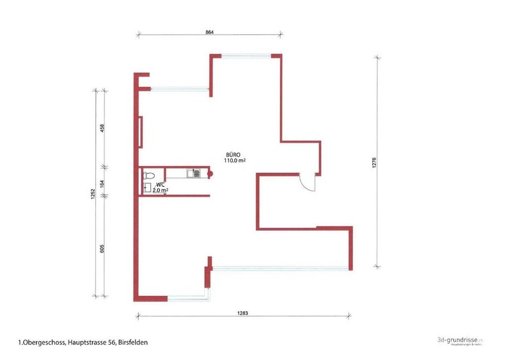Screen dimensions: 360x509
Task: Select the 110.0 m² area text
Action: (234, 161)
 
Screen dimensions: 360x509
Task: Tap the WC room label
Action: (160, 184)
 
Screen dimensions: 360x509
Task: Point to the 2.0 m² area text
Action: (160, 190)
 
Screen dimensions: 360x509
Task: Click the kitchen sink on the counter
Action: (190, 174)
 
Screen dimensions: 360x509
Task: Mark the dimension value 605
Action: (102, 247)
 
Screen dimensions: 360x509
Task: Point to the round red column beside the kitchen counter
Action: (207, 174)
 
